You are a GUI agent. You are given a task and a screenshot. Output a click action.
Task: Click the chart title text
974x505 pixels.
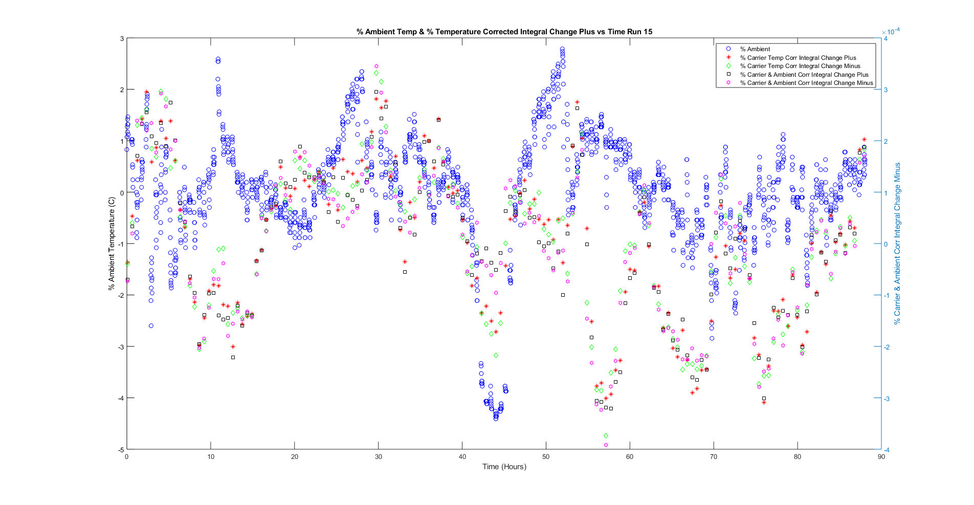[x=504, y=32]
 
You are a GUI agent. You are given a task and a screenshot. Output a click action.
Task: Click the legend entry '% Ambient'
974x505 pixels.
[x=755, y=49]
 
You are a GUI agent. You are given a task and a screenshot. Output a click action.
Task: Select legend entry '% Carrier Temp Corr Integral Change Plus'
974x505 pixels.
[x=798, y=58]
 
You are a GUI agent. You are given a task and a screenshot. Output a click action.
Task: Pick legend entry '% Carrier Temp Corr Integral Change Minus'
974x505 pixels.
[x=800, y=66]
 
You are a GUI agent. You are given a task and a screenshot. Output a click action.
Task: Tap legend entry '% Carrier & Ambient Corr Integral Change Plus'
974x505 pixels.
[x=804, y=75]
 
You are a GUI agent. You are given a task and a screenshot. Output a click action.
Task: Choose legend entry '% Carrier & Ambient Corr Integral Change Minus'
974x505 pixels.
[x=806, y=83]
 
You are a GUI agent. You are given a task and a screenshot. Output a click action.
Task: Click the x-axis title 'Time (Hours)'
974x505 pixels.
[x=504, y=467]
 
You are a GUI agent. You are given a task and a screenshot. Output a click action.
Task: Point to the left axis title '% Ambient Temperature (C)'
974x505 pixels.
[x=112, y=244]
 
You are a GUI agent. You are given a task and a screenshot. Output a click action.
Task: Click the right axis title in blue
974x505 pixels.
[x=897, y=244]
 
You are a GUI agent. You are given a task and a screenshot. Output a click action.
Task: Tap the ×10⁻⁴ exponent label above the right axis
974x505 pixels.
[x=891, y=32]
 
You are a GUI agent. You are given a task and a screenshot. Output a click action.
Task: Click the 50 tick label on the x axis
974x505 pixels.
[x=546, y=457]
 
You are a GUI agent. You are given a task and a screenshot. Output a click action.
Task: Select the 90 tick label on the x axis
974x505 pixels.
[x=881, y=457]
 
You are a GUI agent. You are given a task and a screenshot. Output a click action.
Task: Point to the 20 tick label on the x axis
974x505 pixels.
[x=295, y=457]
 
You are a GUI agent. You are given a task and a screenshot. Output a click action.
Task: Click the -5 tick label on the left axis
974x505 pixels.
[x=121, y=450]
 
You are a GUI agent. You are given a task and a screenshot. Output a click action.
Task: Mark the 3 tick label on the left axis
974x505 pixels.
[x=122, y=39]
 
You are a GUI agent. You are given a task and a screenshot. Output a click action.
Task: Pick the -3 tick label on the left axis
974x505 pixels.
[x=121, y=347]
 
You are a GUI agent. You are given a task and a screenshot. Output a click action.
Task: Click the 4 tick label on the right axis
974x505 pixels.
[x=886, y=39]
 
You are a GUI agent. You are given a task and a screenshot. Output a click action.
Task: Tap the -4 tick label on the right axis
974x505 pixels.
[x=887, y=450]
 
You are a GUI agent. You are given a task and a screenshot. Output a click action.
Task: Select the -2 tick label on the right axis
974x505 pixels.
[x=887, y=347]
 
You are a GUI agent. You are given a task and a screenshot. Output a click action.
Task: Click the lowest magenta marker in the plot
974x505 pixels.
[x=606, y=445]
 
